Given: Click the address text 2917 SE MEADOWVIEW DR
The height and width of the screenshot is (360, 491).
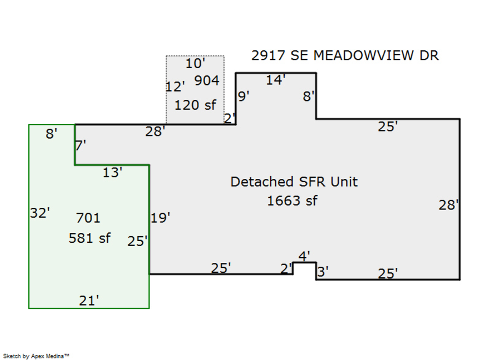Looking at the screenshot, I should point(345,56).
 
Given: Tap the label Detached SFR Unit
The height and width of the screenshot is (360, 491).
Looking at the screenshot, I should point(294,182).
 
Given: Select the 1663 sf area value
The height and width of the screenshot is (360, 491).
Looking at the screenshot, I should point(292,201).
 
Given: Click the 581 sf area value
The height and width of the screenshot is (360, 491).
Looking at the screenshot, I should point(89,238).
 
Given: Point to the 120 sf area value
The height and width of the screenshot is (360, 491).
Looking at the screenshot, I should point(195,105).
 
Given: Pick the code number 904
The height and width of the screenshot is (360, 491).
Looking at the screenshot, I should point(206,81).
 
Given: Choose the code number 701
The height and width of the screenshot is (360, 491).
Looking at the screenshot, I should point(88,218).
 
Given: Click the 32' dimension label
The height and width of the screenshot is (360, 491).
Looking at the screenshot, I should point(40,213).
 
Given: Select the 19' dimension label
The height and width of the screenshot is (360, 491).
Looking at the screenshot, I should point(160,218).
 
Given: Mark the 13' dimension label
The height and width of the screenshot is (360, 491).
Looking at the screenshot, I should point(112,173).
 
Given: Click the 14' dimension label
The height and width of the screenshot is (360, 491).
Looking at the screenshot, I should point(276,80).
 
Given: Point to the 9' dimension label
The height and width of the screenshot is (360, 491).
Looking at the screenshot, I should point(244,97).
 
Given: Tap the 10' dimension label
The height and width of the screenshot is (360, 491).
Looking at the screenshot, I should point(195,64).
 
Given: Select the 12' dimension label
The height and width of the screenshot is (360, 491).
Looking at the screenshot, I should point(175,87).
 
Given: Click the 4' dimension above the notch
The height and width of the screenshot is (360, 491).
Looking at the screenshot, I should point(304,256).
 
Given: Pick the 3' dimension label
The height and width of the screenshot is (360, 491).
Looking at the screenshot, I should point(322,271).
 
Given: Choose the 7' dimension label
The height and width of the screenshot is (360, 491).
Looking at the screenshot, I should point(81,146).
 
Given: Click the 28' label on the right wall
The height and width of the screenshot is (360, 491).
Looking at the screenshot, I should point(448,205).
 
